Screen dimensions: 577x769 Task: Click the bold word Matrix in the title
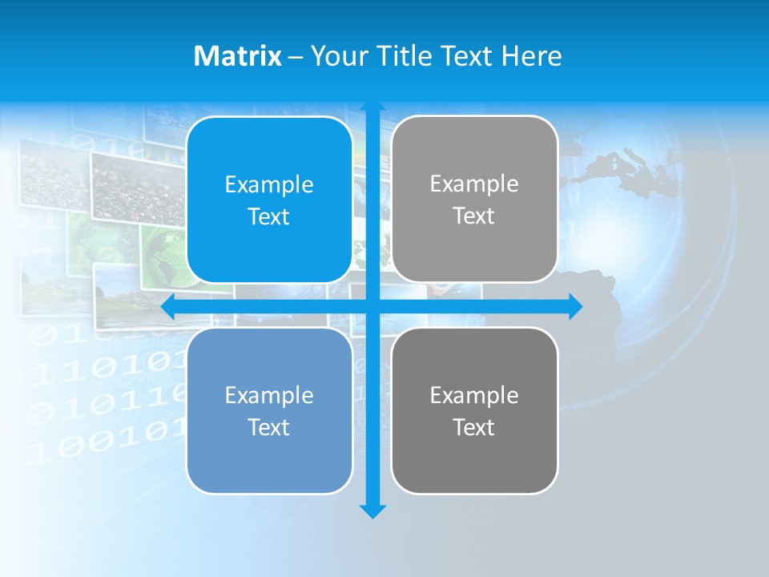coord(238,56)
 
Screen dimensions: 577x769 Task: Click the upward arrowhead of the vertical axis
coord(372,106)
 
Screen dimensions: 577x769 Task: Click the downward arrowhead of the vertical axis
coord(372,511)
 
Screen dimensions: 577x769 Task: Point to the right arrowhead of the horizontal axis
coord(575,307)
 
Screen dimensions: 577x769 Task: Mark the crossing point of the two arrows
coord(372,307)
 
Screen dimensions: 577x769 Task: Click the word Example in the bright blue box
coord(269,185)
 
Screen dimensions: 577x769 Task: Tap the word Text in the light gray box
coord(474,216)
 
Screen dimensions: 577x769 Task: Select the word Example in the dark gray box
coord(474,395)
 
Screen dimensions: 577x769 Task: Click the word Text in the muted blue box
coord(269,427)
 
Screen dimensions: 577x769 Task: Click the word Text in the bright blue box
coord(269,217)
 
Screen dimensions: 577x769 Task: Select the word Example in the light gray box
coord(474,184)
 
